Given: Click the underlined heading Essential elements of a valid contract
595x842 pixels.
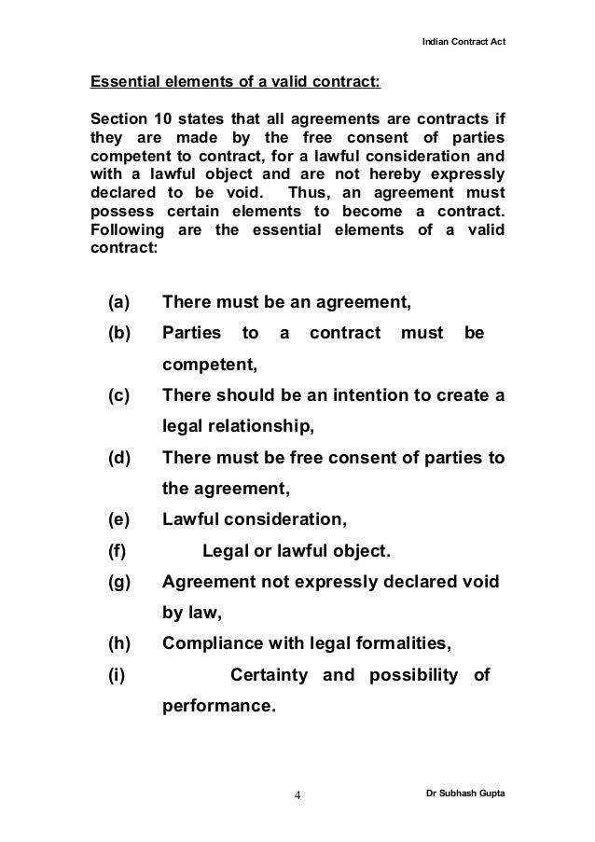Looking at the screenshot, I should point(234,82).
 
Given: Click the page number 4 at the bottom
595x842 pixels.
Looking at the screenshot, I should point(297,795).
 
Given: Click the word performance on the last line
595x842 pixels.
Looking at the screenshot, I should point(217,706).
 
